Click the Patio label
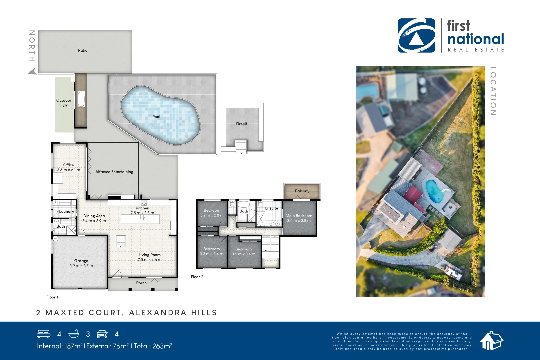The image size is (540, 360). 83,50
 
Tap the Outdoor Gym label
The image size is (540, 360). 64,103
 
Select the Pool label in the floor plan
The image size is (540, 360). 156,117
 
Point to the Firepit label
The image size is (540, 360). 242,124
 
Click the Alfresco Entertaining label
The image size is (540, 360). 114,172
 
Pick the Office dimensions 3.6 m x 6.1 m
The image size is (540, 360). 68,170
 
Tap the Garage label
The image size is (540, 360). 81,261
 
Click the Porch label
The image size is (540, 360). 141,283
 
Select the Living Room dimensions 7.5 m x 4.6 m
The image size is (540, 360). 150,260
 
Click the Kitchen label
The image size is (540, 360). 142,208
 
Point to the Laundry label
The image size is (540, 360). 66,212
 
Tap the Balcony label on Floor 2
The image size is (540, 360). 302,191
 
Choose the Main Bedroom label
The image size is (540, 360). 299,216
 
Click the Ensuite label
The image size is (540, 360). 271,208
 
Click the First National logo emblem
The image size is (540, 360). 416,36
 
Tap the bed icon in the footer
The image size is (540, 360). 44,334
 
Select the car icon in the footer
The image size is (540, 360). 102,334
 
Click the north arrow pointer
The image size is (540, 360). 32,71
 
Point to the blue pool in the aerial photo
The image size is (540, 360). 434,191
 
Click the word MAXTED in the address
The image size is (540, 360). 65,313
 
